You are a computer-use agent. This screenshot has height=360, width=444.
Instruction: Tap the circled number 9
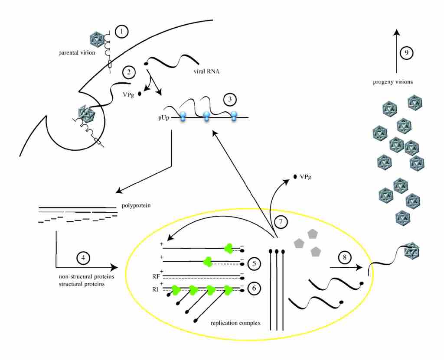click(406, 53)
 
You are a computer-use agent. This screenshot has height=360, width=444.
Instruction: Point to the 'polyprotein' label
click(136, 206)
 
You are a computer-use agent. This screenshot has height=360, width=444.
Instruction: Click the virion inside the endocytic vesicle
click(87, 114)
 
